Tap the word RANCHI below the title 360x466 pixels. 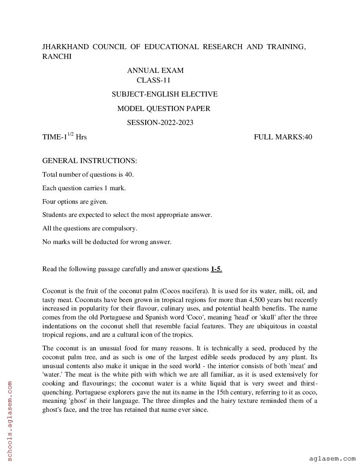coord(57,57)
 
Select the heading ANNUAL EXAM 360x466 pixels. coord(155,70)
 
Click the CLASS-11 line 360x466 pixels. coord(153,80)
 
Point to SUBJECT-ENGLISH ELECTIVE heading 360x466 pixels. coord(164,94)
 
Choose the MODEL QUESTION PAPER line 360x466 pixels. coord(163,108)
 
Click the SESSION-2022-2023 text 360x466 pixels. coord(160,122)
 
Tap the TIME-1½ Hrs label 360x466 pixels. coord(64,136)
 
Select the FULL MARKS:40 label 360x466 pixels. coord(283,137)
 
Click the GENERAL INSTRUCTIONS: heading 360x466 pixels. coord(89,161)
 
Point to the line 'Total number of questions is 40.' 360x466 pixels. coord(88,174)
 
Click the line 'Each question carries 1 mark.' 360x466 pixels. coord(84,188)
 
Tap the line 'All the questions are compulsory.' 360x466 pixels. coord(90,228)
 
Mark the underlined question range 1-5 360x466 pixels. coord(216,269)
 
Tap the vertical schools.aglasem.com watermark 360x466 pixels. coord(10,421)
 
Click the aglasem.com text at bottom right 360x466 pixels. coord(332,458)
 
